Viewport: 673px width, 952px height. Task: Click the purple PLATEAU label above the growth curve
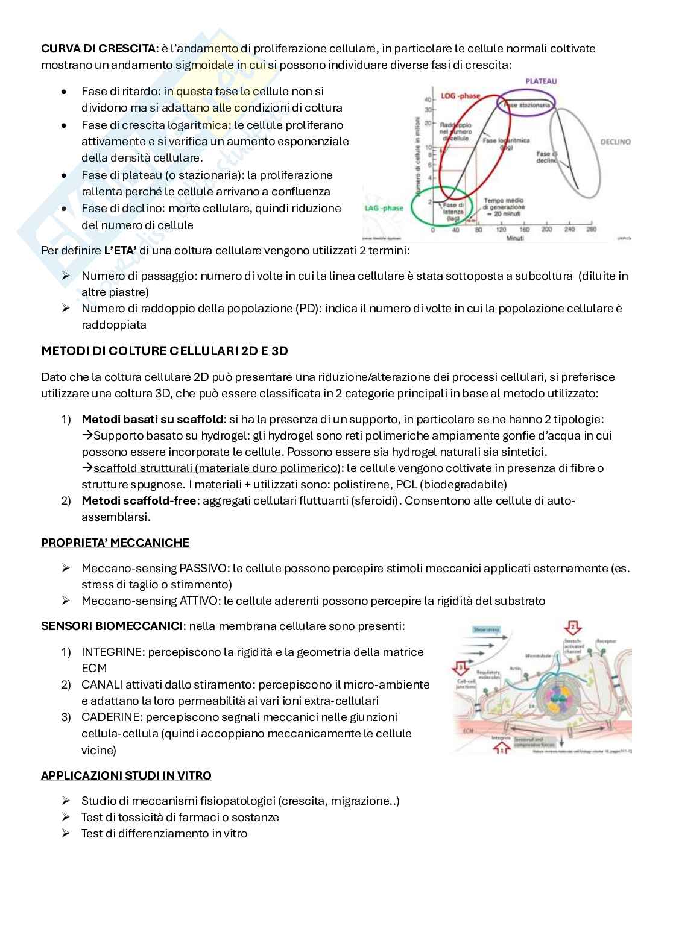pyautogui.click(x=540, y=81)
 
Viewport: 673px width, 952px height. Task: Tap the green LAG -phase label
pyautogui.click(x=384, y=208)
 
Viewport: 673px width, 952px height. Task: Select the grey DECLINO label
pyautogui.click(x=615, y=142)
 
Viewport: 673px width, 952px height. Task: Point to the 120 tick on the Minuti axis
pyautogui.click(x=501, y=230)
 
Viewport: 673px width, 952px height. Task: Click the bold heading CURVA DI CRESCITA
pyautogui.click(x=98, y=48)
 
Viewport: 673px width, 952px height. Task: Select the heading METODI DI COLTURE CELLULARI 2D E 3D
pyautogui.click(x=164, y=351)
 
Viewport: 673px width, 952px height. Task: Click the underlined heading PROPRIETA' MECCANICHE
pyautogui.click(x=115, y=543)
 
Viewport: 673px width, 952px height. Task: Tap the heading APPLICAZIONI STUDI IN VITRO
pyautogui.click(x=126, y=775)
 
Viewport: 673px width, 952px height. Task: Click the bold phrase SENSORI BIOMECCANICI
pyautogui.click(x=112, y=626)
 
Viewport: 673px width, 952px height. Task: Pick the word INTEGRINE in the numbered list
pyautogui.click(x=113, y=652)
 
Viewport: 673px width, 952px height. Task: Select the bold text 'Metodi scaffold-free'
pyautogui.click(x=138, y=500)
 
